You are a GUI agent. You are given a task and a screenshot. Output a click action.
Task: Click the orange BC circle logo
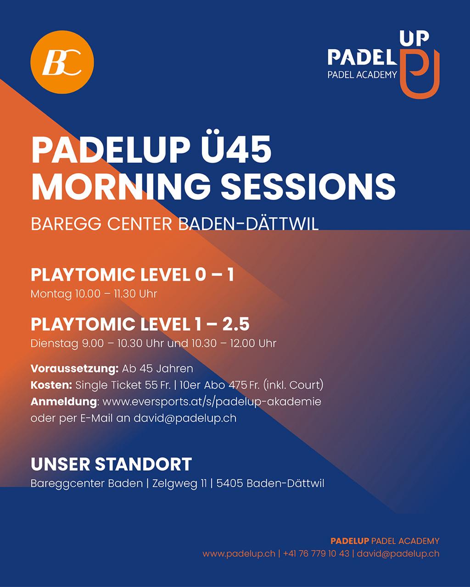pyautogui.click(x=62, y=62)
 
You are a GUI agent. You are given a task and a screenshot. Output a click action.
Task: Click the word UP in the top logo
pyautogui.click(x=414, y=39)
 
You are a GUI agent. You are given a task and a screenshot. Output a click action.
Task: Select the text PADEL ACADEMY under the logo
pyautogui.click(x=363, y=75)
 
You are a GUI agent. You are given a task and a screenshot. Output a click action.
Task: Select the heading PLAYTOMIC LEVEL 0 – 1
pyautogui.click(x=133, y=275)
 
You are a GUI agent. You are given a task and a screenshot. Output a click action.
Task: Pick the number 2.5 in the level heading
pyautogui.click(x=235, y=324)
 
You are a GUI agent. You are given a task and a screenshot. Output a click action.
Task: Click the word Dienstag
pyautogui.click(x=54, y=343)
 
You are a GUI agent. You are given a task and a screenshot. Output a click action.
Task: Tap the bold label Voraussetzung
pyautogui.click(x=74, y=369)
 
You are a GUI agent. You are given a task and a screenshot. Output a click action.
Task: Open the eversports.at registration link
pyautogui.click(x=212, y=402)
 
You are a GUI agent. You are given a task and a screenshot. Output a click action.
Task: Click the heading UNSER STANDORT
pyautogui.click(x=111, y=464)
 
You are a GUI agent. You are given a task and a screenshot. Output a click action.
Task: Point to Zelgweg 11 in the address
pyautogui.click(x=179, y=484)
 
